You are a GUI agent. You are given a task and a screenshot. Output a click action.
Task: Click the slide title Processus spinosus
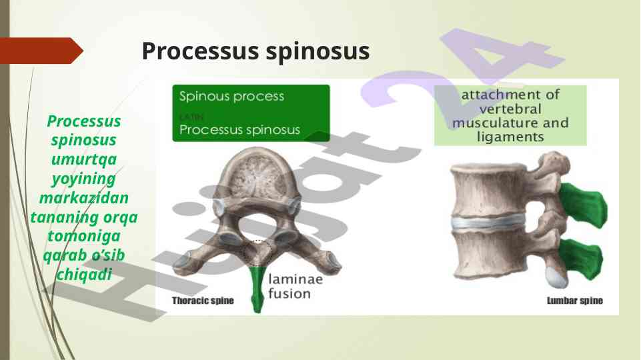tap(255, 51)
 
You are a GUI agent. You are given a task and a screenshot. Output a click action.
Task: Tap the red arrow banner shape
tap(41, 51)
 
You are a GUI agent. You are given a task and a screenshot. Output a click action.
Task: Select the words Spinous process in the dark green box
tap(231, 97)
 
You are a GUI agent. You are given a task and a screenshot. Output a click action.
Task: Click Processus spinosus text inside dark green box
tap(239, 130)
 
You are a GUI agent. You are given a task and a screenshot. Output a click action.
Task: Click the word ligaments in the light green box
tap(510, 137)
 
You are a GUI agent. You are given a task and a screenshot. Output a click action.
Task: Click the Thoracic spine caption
tap(203, 301)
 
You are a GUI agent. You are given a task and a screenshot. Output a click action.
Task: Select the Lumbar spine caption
tap(575, 301)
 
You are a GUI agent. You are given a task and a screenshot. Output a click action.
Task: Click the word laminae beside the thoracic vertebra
tap(295, 279)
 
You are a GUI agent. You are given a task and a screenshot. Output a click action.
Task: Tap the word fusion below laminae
tap(289, 294)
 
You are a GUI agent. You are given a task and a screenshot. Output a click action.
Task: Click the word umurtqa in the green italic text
tap(84, 159)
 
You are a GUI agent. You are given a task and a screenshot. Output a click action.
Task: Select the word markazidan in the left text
tap(84, 198)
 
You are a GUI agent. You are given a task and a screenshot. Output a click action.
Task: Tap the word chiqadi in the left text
tap(84, 275)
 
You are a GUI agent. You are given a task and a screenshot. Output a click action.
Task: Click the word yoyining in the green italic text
tap(84, 179)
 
